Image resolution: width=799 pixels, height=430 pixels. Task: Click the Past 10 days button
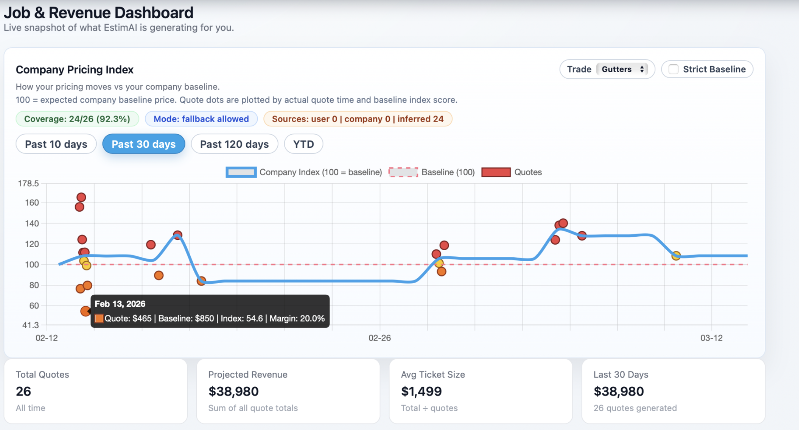click(x=56, y=144)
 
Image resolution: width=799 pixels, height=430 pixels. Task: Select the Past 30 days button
click(x=144, y=144)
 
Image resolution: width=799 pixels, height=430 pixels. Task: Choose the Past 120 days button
click(x=234, y=144)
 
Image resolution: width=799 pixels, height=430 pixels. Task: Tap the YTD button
click(x=304, y=144)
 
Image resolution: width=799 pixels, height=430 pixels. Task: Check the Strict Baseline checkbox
click(x=673, y=69)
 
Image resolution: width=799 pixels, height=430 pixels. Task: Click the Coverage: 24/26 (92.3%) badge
click(x=77, y=119)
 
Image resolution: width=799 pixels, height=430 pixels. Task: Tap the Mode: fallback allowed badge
click(x=201, y=119)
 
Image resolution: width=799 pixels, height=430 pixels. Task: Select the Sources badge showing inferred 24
click(x=357, y=119)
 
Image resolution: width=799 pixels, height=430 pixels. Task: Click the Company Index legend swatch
click(x=241, y=172)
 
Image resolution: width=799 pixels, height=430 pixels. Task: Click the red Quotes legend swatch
click(x=496, y=172)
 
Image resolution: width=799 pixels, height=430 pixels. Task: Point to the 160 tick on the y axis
click(x=32, y=203)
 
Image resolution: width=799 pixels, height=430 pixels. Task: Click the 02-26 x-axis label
click(x=379, y=338)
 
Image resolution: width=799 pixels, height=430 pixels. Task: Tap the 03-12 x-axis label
click(x=711, y=338)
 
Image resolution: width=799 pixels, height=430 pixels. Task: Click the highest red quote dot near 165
click(x=81, y=197)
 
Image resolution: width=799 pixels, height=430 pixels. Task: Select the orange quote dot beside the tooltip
click(x=85, y=311)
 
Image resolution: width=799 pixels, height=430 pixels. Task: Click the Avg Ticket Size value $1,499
click(x=421, y=391)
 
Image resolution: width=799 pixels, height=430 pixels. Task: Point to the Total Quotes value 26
click(x=23, y=391)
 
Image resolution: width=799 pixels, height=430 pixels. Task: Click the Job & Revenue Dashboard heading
click(x=98, y=13)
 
